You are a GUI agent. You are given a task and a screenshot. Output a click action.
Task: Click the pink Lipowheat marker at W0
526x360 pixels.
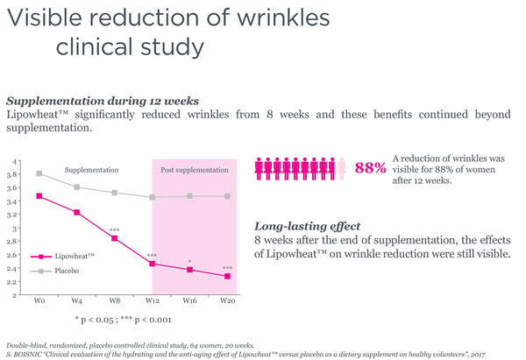(x=39, y=196)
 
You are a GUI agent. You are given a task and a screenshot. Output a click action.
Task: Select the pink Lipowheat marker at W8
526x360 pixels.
(x=115, y=238)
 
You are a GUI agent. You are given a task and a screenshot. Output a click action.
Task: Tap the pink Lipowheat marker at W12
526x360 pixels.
(x=153, y=264)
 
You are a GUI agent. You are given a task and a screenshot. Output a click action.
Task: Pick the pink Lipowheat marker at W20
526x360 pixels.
(x=228, y=277)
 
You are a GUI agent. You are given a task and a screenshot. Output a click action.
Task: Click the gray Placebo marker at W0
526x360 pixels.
(x=39, y=173)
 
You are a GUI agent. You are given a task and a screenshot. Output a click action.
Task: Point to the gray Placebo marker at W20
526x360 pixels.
(x=228, y=196)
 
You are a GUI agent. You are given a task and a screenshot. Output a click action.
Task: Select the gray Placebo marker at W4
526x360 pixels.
(x=77, y=187)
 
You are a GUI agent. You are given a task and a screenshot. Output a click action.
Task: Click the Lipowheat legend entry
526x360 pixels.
(x=60, y=257)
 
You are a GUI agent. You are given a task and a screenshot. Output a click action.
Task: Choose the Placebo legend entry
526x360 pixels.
(x=55, y=271)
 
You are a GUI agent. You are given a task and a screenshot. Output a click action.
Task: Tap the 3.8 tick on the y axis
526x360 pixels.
(x=12, y=175)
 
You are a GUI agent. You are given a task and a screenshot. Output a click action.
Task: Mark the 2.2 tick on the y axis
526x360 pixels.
(x=12, y=282)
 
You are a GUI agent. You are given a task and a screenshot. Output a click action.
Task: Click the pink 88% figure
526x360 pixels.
(x=370, y=167)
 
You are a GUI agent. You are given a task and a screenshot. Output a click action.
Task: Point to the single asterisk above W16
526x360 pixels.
(x=190, y=261)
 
